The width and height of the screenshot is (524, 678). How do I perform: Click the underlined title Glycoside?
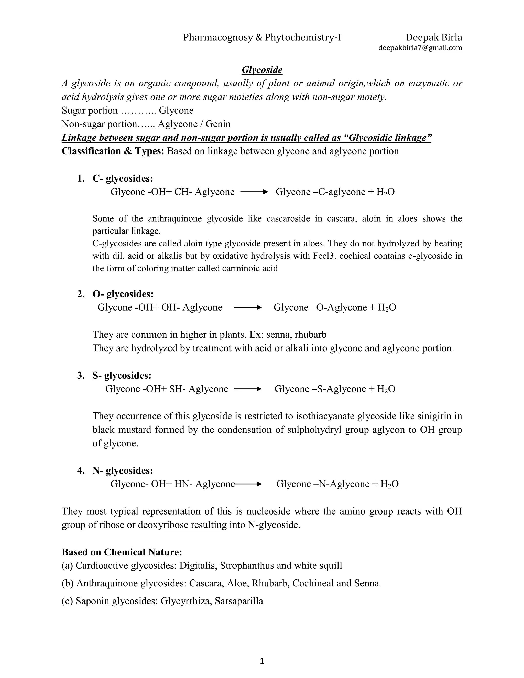click(262, 70)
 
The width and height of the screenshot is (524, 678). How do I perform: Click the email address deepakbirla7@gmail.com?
click(420, 48)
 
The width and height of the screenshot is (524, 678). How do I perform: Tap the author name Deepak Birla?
click(434, 38)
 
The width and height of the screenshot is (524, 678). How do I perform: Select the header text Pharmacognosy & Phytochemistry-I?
click(262, 38)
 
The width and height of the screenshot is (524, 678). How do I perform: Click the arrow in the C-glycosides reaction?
click(254, 192)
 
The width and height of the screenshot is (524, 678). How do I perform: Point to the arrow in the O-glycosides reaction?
click(247, 308)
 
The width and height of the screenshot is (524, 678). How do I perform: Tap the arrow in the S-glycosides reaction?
click(247, 389)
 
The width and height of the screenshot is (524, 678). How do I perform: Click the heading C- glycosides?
click(123, 179)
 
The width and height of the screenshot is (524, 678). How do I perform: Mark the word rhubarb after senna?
click(310, 335)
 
